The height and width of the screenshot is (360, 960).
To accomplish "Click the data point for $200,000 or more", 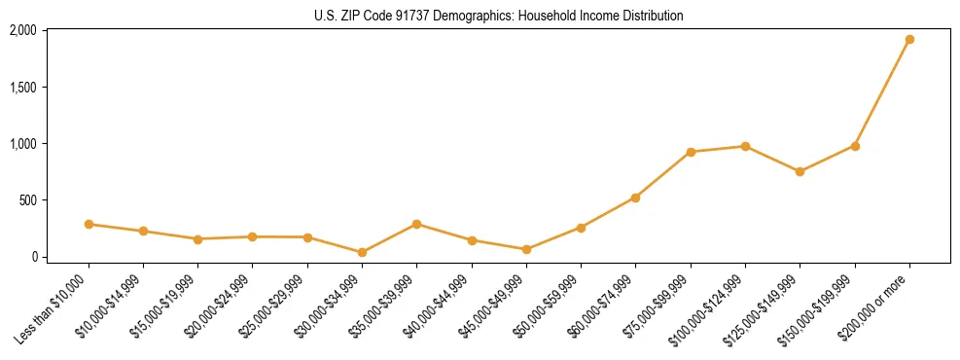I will point(909,40).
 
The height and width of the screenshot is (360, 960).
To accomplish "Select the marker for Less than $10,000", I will point(89,224).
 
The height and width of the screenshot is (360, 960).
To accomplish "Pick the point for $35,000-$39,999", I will point(417,224).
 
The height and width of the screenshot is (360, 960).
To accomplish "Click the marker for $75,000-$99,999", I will point(691,152).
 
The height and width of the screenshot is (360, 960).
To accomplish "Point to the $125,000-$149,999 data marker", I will point(800,171).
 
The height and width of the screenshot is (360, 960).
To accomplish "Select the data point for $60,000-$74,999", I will point(636,198).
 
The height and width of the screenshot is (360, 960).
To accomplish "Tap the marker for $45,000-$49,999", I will point(526,249).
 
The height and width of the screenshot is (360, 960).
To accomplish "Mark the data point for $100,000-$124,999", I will point(745,146).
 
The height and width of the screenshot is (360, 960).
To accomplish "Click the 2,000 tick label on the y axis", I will point(23,30).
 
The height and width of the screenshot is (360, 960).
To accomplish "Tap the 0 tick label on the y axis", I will point(34,257).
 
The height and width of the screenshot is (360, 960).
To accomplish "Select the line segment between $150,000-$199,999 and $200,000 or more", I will point(882,92).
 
